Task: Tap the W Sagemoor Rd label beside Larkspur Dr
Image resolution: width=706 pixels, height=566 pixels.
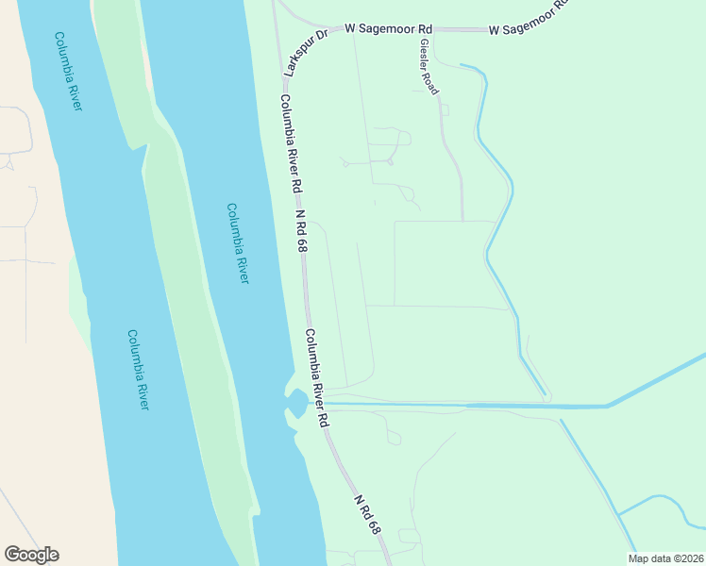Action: click(x=388, y=29)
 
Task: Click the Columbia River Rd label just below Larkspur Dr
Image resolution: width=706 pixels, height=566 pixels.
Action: click(x=291, y=141)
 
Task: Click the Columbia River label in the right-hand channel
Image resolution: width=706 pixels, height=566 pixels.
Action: click(x=238, y=243)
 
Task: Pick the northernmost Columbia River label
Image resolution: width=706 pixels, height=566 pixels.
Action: click(x=68, y=72)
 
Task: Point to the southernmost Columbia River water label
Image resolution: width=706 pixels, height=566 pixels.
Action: click(x=139, y=369)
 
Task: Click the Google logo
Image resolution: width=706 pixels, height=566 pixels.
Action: click(x=31, y=555)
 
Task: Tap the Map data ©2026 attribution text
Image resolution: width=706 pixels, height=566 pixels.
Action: click(x=664, y=558)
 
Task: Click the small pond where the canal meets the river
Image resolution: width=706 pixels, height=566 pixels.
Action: click(x=295, y=405)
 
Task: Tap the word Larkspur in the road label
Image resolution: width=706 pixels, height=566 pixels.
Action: click(x=300, y=58)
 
